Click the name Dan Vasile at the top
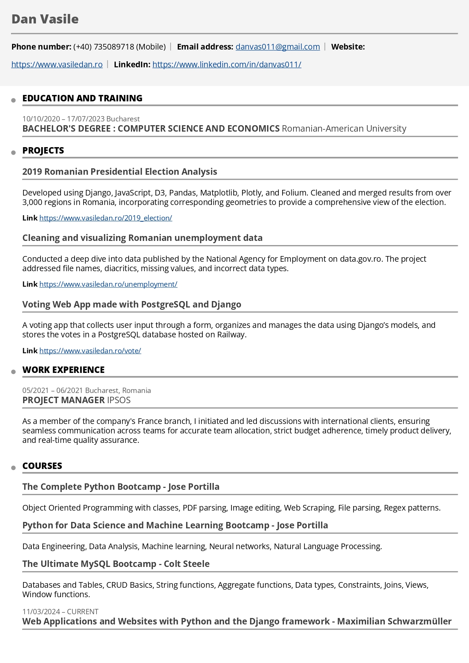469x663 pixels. click(45, 19)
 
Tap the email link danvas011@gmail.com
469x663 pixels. click(278, 47)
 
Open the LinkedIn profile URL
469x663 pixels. click(227, 64)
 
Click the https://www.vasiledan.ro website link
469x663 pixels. click(57, 64)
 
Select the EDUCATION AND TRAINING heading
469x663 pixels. click(82, 98)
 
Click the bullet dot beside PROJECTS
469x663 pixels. click(14, 152)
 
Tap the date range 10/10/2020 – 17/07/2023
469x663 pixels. click(63, 119)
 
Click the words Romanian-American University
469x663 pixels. click(344, 129)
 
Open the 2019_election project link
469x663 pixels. click(106, 218)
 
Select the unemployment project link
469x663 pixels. click(108, 284)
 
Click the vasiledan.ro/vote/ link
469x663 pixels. click(90, 351)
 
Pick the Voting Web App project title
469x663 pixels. click(132, 304)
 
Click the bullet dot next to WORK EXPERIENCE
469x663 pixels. click(14, 372)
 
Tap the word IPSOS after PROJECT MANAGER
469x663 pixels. click(119, 400)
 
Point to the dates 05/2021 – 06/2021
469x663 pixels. click(53, 390)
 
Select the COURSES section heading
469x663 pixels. click(42, 466)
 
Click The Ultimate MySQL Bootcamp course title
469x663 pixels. click(116, 564)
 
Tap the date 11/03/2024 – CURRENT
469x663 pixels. click(60, 612)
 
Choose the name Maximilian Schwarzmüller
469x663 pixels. click(394, 621)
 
